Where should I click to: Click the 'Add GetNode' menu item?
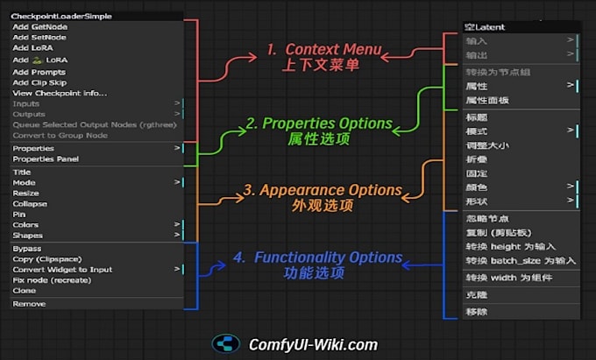click(40, 27)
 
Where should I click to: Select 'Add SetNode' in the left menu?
click(40, 38)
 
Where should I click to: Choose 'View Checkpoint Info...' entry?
click(60, 93)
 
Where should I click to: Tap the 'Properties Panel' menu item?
click(46, 159)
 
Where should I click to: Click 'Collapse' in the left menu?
click(30, 203)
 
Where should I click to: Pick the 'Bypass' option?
click(27, 249)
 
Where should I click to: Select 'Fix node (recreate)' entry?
click(52, 280)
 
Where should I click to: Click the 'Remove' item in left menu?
click(29, 304)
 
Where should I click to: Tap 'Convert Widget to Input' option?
click(62, 270)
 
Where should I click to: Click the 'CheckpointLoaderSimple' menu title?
click(61, 16)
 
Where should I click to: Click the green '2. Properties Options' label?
click(319, 124)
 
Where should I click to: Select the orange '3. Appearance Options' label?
click(323, 190)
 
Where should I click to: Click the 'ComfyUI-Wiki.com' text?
click(313, 344)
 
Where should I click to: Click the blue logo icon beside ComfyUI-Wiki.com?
click(226, 344)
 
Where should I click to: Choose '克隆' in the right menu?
click(477, 296)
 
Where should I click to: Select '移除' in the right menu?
click(477, 312)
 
